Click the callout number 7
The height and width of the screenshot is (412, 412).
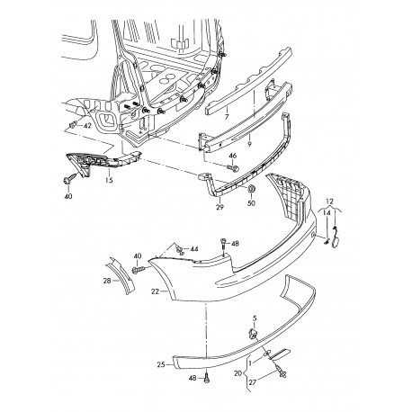click(x=228, y=117)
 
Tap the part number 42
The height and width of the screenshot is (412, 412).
click(x=88, y=126)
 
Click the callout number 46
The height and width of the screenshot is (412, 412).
click(x=233, y=156)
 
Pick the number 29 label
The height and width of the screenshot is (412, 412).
click(x=219, y=208)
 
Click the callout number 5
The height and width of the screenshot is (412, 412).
click(x=255, y=318)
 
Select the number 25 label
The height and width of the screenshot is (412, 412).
click(x=161, y=365)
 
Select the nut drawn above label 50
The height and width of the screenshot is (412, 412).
click(x=252, y=190)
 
